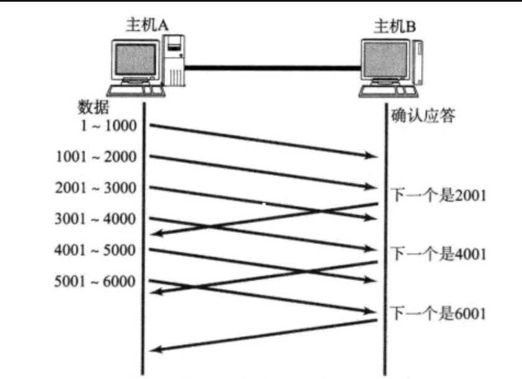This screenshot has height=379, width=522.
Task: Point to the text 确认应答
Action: (x=423, y=116)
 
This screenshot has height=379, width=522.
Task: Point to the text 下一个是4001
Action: (x=438, y=254)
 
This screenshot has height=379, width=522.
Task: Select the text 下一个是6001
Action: (x=438, y=313)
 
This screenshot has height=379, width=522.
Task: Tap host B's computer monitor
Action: (x=386, y=63)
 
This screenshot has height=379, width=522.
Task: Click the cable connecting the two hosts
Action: (x=273, y=66)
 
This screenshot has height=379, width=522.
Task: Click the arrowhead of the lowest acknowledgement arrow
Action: (x=157, y=350)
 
